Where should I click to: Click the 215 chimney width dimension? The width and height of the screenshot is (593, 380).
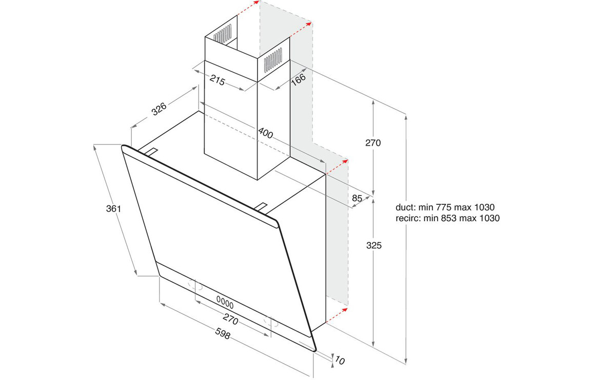pos(218,80)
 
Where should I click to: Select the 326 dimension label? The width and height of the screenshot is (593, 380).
pos(159,109)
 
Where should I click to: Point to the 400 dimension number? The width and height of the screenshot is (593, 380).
pos(265,133)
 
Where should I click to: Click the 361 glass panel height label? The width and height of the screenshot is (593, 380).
pos(113,208)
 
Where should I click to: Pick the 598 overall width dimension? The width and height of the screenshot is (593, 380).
pos(223,333)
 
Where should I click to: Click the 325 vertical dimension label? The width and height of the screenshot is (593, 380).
pos(373,245)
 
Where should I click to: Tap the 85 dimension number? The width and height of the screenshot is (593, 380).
pos(357,198)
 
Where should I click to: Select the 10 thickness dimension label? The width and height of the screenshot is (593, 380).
pos(340,361)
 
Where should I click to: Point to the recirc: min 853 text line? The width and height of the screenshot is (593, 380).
pos(447,218)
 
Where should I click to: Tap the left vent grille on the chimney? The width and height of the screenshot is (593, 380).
pos(222,33)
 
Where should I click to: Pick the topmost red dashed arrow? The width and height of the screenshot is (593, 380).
pos(248,8)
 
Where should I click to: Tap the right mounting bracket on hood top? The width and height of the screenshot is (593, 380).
pos(262,207)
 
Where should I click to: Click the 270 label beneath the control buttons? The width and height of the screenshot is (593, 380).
pos(230,320)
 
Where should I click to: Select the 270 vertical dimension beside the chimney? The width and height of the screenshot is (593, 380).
pos(373,143)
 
